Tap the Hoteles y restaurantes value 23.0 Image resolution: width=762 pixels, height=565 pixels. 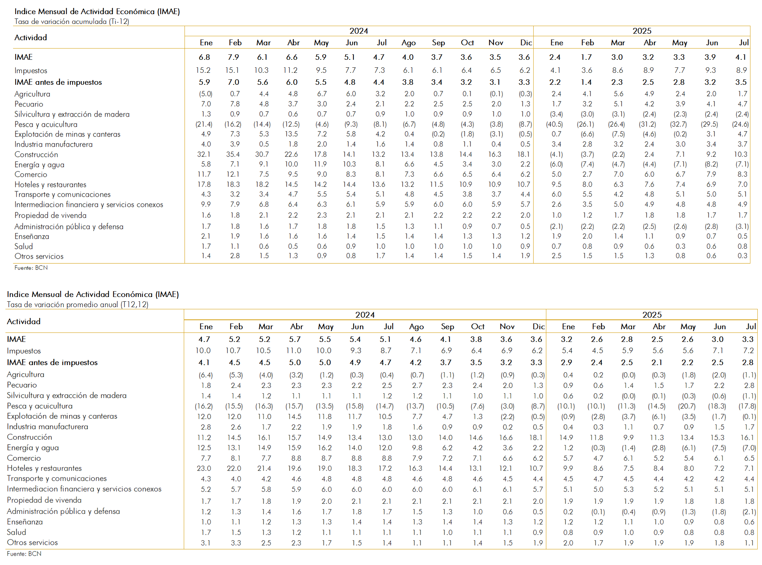(204, 468)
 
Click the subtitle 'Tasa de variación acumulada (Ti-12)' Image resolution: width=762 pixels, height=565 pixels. (72, 21)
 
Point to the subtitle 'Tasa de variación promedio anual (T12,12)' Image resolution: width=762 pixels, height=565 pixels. (78, 305)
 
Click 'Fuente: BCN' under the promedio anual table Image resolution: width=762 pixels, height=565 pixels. (24, 554)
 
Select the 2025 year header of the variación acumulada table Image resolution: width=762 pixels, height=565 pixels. (642, 31)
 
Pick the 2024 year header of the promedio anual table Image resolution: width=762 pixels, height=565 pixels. (365, 315)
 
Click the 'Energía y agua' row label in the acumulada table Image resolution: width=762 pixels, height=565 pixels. (39, 165)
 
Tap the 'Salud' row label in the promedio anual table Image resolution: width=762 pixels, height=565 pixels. (16, 532)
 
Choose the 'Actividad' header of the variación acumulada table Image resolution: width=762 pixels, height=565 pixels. (30, 37)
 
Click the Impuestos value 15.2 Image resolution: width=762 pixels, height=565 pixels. (203, 70)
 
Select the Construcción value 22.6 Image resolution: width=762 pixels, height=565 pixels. (291, 154)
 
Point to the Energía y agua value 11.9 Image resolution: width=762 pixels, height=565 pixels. (320, 164)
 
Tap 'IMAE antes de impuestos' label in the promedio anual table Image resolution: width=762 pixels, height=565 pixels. (52, 363)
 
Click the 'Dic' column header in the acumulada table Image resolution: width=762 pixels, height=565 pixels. (526, 43)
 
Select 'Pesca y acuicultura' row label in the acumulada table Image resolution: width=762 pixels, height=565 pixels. (46, 124)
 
